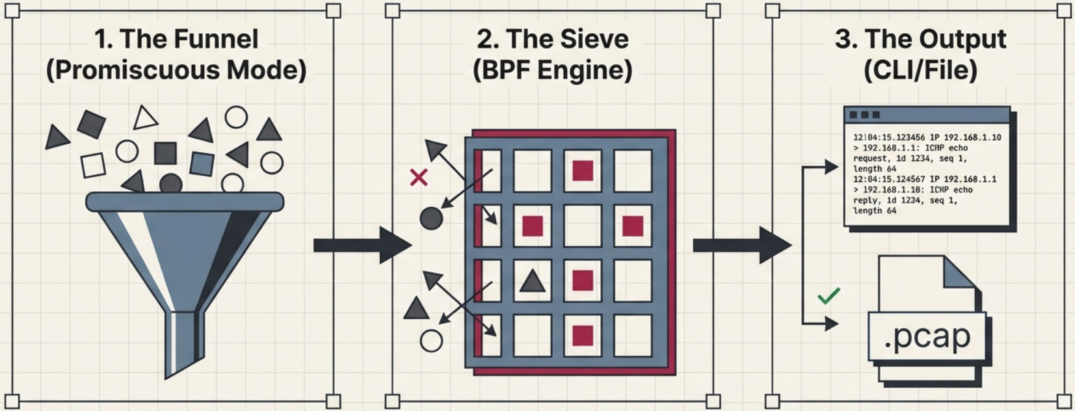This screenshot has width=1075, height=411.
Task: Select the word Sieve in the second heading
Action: pyautogui.click(x=592, y=40)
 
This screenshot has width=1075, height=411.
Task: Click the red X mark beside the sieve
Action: pyautogui.click(x=419, y=177)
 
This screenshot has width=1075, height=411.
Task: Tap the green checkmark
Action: pyautogui.click(x=829, y=296)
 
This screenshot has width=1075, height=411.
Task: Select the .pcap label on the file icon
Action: pyautogui.click(x=927, y=336)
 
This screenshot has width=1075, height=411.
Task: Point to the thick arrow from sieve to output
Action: pyautogui.click(x=741, y=245)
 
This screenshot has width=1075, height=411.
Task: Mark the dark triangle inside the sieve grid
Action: pyautogui.click(x=533, y=281)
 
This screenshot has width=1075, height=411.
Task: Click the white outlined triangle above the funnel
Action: pyautogui.click(x=145, y=118)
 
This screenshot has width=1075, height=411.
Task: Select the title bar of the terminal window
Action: pyautogui.click(x=927, y=115)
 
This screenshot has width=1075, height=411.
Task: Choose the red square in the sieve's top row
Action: pyautogui.click(x=583, y=170)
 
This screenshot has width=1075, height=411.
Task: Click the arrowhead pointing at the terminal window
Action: pyautogui.click(x=831, y=167)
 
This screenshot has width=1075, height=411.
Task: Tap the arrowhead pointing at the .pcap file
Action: pyautogui.click(x=831, y=323)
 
